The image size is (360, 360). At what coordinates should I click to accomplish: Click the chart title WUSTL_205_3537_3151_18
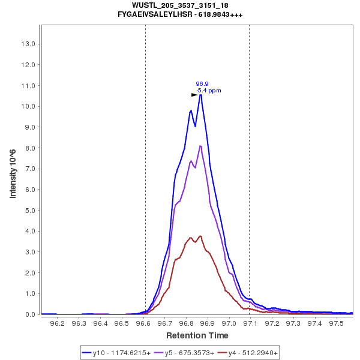[x=180, y=5]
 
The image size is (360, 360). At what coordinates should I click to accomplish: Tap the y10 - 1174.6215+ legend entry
[x=118, y=353]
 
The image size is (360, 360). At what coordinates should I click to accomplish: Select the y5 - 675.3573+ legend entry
[x=185, y=353]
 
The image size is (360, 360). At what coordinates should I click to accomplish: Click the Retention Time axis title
[x=197, y=335]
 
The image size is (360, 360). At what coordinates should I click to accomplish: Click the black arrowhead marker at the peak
[x=194, y=95]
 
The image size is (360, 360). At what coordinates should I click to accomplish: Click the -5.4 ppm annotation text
[x=208, y=91]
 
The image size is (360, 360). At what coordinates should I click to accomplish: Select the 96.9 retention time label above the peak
[x=202, y=84]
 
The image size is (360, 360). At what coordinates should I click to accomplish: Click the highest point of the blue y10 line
[x=200, y=95]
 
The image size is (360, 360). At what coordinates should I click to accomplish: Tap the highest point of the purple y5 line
[x=200, y=145]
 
